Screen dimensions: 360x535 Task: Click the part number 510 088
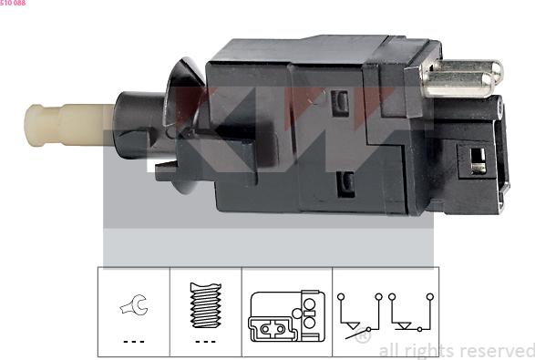[x=13, y=4]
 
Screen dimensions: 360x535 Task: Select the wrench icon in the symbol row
[x=134, y=311]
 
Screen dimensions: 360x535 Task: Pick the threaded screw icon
[x=205, y=308]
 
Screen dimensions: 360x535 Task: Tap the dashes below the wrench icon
[x=134, y=341]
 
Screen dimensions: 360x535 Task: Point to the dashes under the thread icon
[x=205, y=341]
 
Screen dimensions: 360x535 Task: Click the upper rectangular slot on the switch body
[x=344, y=101]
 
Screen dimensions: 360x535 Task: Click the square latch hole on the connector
[x=475, y=161]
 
